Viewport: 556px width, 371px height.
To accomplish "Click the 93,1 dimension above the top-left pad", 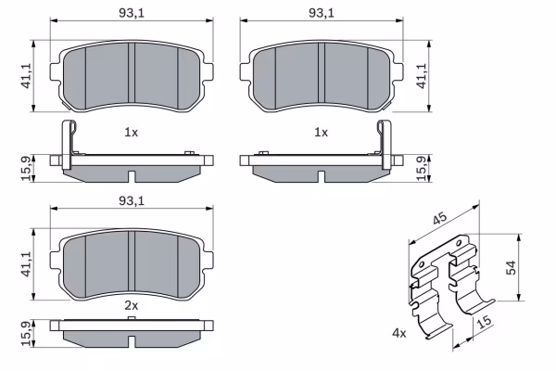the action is [x=132, y=13].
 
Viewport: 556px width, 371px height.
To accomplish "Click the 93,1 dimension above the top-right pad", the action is [x=322, y=13].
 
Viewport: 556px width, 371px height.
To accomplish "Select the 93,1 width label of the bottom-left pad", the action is [x=132, y=201].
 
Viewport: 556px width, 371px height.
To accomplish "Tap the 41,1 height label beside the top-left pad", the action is [x=27, y=76].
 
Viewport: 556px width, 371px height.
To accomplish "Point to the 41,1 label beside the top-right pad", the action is [x=422, y=76].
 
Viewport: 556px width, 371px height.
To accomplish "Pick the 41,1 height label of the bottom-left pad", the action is [x=27, y=264].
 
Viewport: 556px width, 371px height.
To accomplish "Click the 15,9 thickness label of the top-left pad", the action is [x=27, y=168].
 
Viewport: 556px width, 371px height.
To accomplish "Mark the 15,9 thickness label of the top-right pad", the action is [x=422, y=168].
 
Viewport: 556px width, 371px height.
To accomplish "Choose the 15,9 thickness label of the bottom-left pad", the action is [x=27, y=334].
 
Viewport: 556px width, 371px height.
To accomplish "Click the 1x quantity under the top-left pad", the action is [x=131, y=133].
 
